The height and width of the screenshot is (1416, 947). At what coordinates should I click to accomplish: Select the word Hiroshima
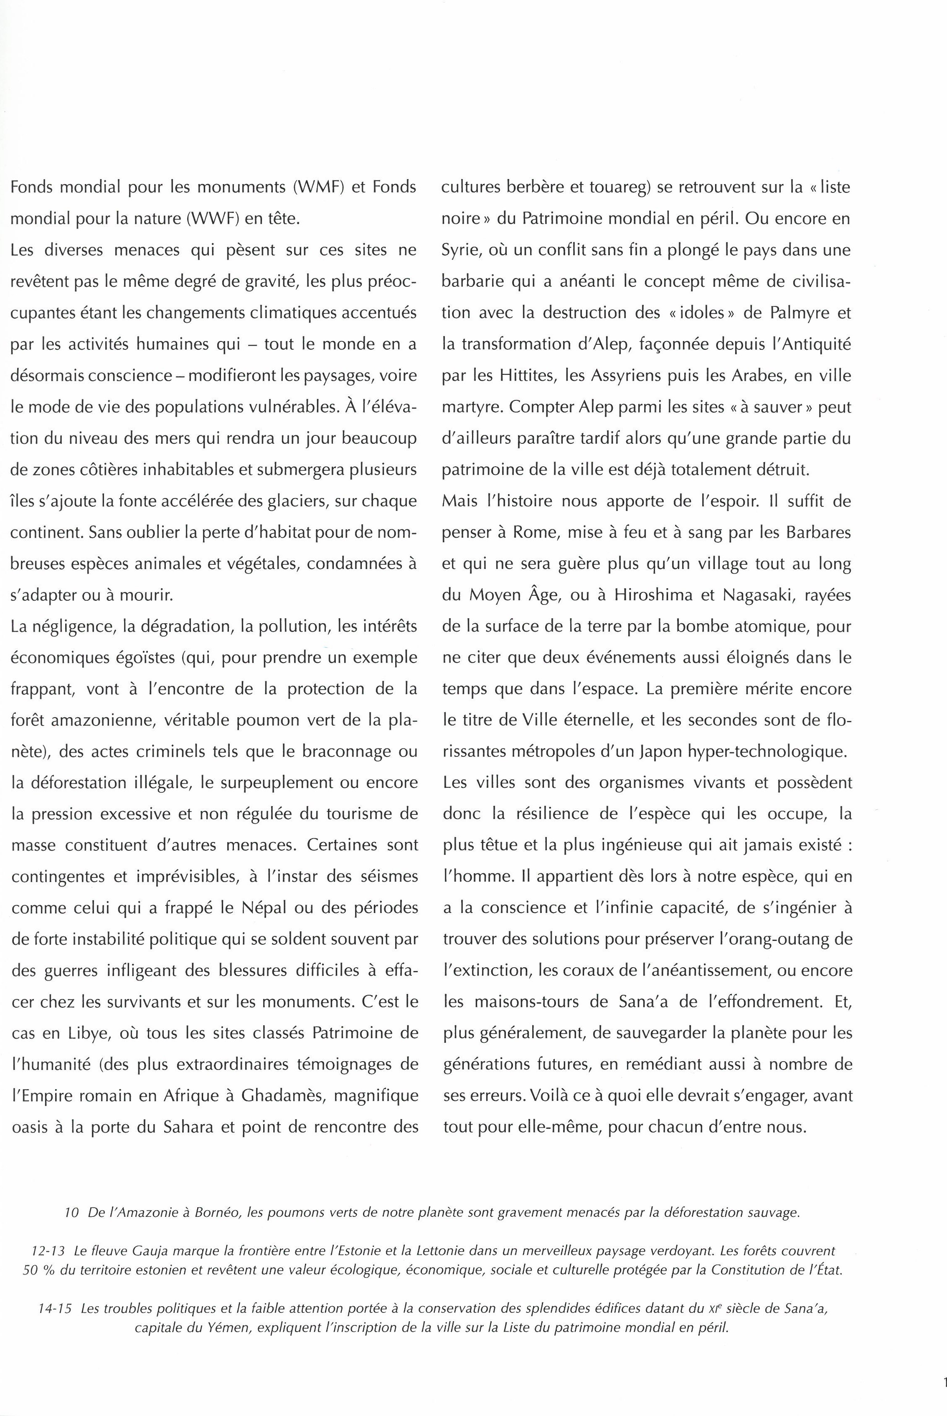[x=653, y=595]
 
